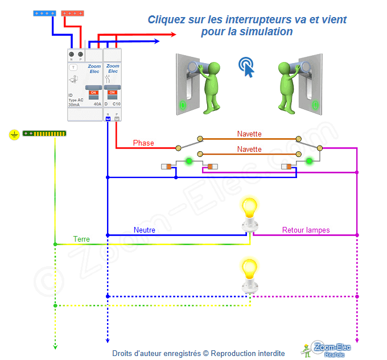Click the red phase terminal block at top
(x=73, y=12)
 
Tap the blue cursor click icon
(x=246, y=66)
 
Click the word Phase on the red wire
(x=143, y=143)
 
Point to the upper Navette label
(x=249, y=134)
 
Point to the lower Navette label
(x=249, y=150)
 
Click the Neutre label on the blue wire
(x=145, y=230)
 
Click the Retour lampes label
(x=306, y=230)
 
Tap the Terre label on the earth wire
(x=81, y=239)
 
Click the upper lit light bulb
(x=249, y=209)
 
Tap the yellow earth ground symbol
(x=14, y=134)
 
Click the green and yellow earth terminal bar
(x=44, y=134)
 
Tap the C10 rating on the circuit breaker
(x=116, y=104)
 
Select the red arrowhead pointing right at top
(x=173, y=35)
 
